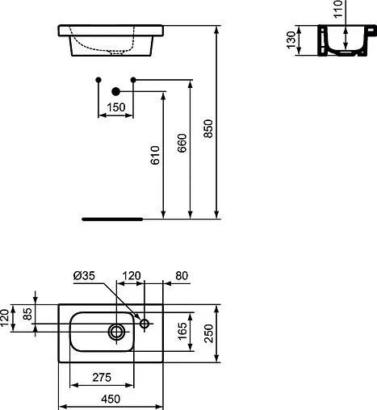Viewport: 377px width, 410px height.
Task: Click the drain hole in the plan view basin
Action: (117, 330)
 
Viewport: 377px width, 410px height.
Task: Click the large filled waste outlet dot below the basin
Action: (115, 93)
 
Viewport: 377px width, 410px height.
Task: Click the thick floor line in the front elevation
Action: (114, 218)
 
